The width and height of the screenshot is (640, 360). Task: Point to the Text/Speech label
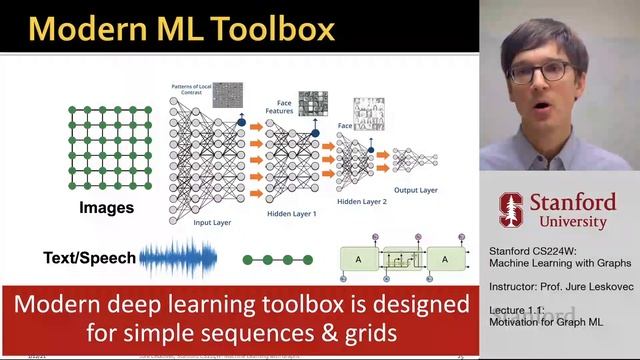tap(89, 258)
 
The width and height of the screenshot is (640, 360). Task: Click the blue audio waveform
tap(178, 259)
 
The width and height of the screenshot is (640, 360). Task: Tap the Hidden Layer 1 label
tap(292, 213)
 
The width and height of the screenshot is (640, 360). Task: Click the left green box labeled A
tap(357, 259)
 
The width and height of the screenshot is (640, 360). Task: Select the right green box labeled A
tap(447, 259)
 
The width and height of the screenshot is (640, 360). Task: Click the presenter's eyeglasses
tap(540, 73)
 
